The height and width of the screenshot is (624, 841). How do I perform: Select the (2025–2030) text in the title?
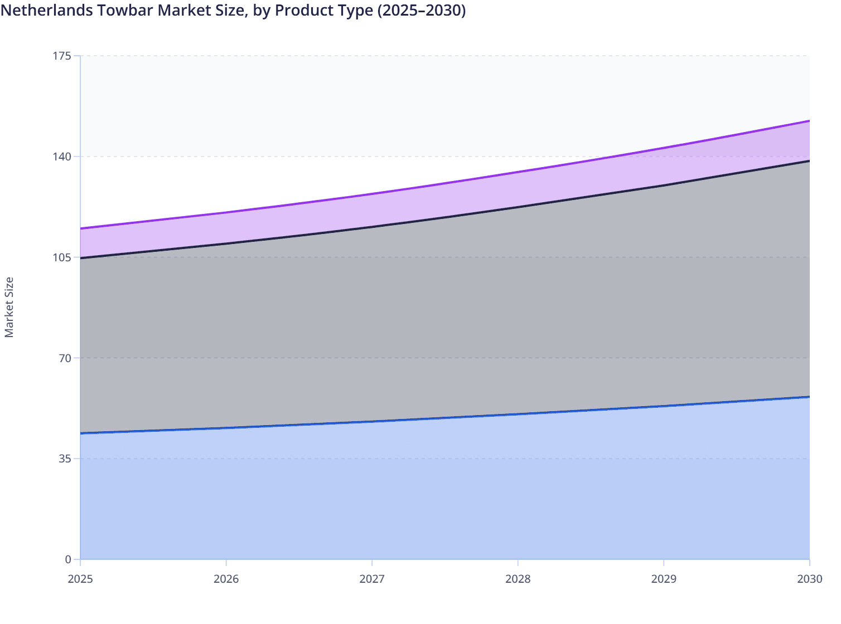point(422,11)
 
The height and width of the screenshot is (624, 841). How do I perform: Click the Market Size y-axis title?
point(9,307)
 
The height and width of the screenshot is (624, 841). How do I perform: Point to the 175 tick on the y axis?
point(63,56)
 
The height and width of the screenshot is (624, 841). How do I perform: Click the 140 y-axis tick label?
point(63,157)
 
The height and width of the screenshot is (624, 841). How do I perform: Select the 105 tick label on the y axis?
point(63,257)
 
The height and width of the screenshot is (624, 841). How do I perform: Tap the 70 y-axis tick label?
point(66,358)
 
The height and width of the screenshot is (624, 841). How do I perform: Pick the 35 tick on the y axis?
point(66,459)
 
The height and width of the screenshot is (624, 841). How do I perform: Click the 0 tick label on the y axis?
point(68,559)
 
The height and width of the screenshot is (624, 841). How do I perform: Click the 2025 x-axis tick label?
point(80,579)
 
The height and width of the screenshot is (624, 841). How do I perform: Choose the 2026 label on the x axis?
point(226,579)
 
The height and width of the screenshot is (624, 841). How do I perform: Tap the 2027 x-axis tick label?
point(372,579)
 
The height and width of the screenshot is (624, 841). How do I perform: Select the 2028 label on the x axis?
point(518,579)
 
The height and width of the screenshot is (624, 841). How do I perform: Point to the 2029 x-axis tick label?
point(664,579)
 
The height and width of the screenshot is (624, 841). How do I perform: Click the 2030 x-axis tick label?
point(809,579)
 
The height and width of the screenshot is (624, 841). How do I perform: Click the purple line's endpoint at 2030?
point(809,121)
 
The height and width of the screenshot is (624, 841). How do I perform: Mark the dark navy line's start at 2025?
point(81,258)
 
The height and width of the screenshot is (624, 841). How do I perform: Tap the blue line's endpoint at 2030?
point(809,397)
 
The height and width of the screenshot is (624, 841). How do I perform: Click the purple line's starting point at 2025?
point(81,228)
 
